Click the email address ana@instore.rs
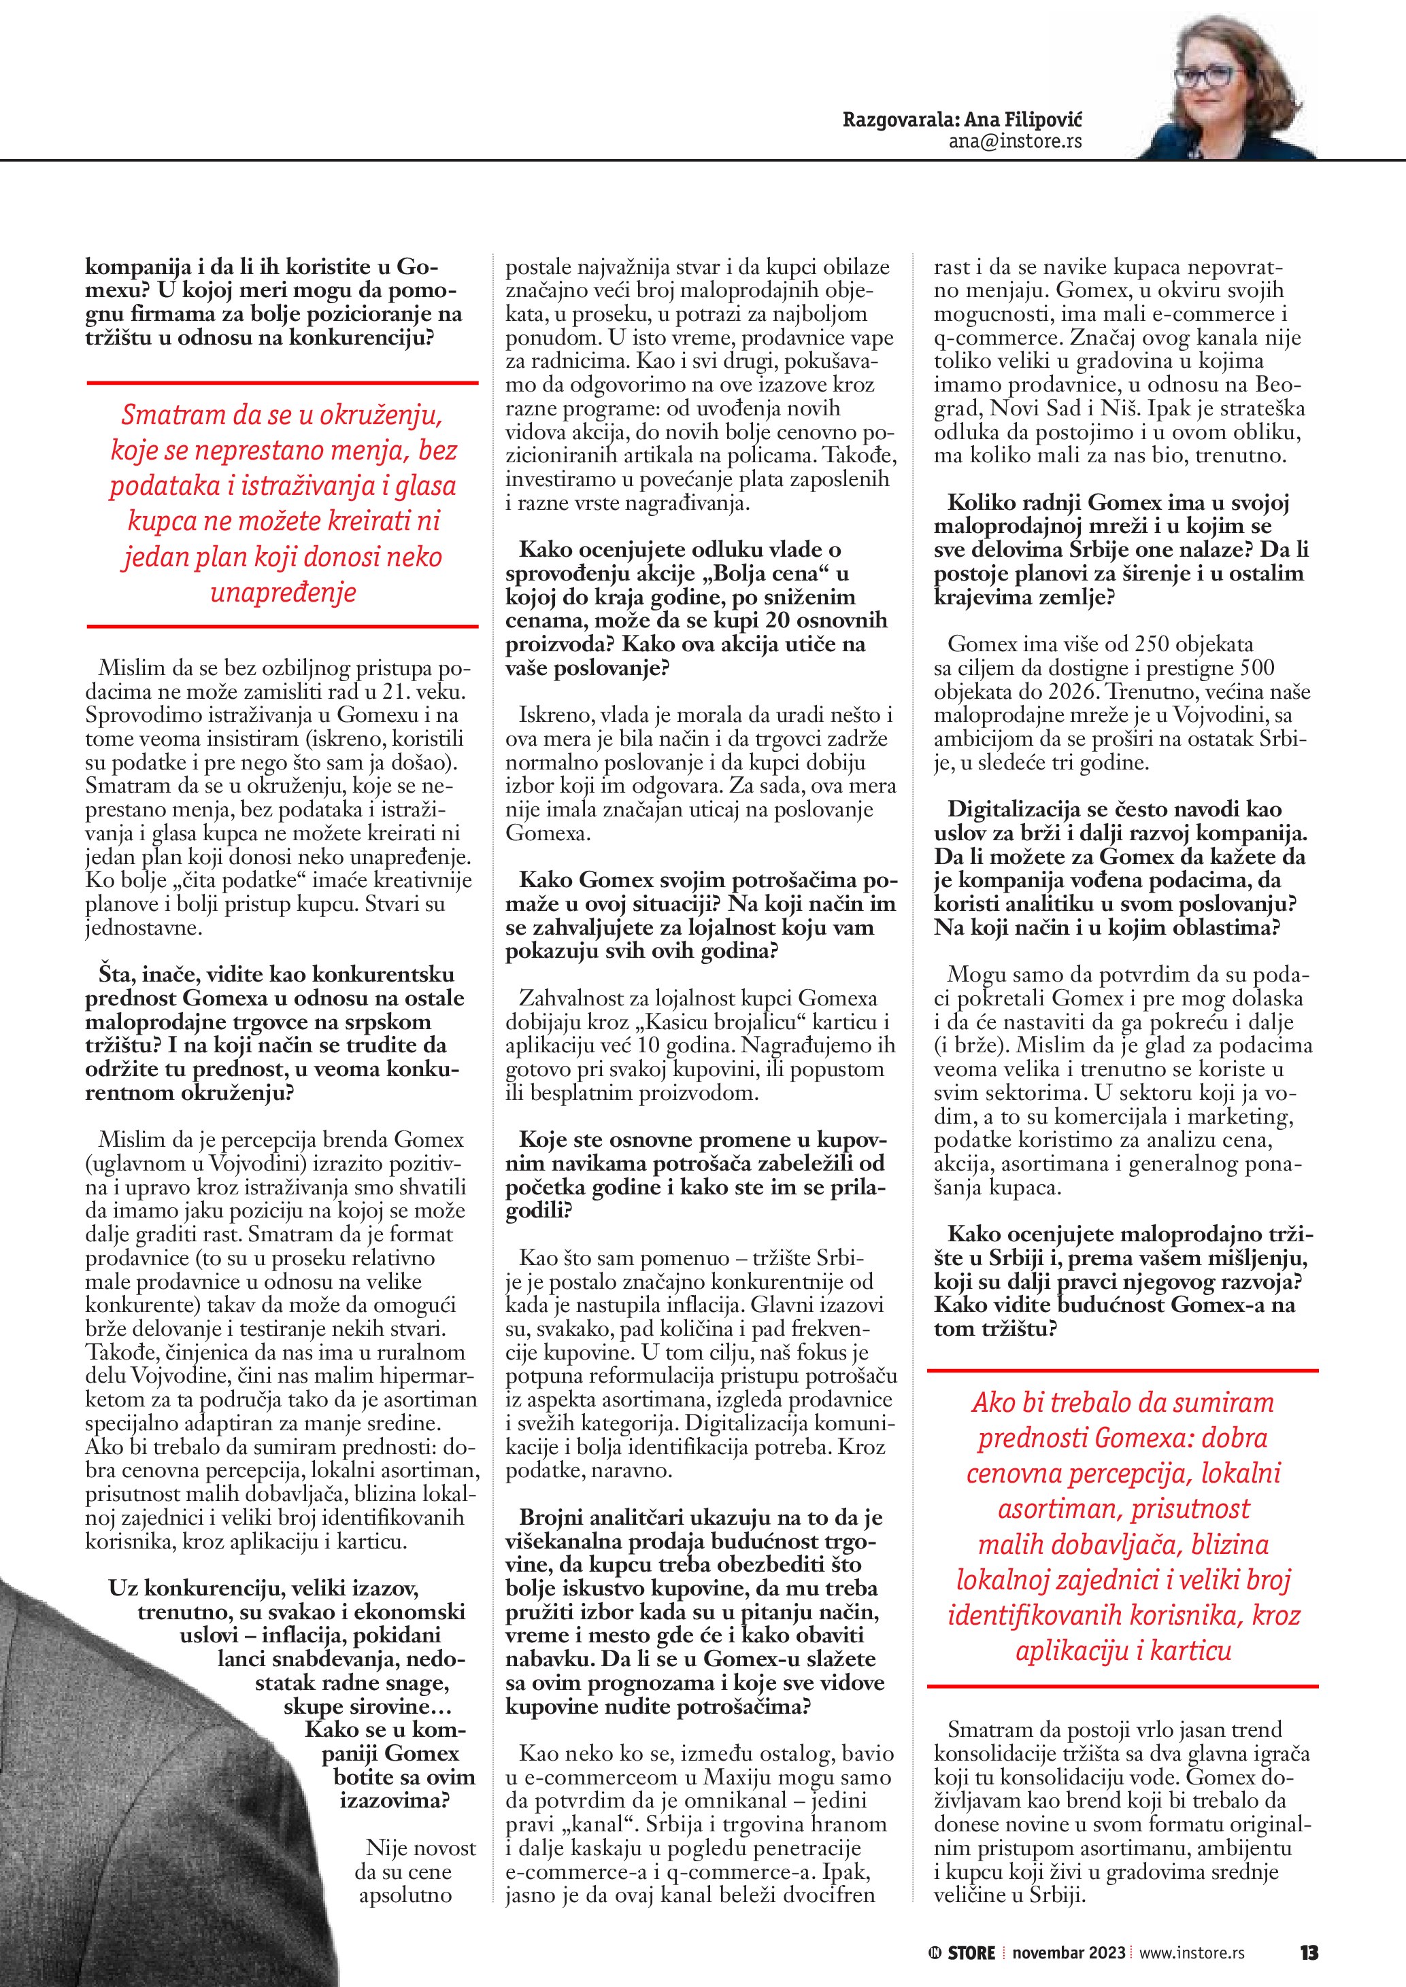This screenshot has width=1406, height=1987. pos(1015,142)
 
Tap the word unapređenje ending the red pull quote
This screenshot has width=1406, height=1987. pos(283,593)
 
